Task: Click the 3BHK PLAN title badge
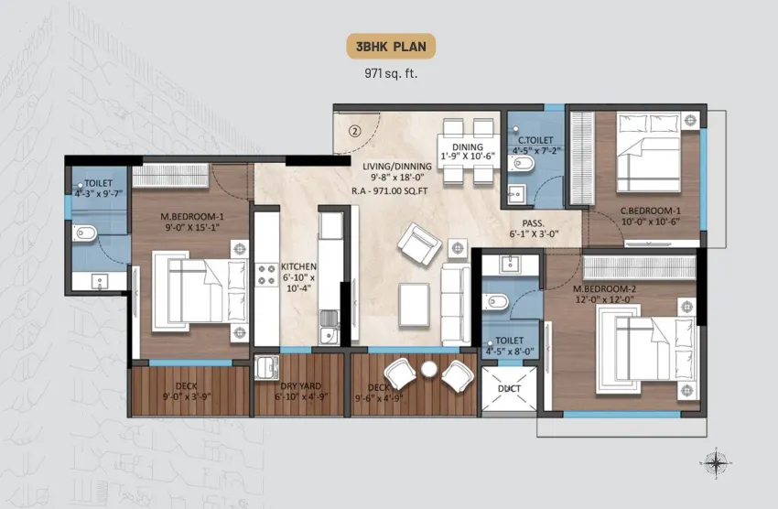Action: (391, 47)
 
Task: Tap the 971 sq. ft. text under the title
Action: (391, 74)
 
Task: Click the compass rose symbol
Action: (716, 463)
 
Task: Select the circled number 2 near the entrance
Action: (354, 132)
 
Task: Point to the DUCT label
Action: (509, 388)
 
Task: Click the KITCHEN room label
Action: (298, 266)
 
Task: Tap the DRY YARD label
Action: (301, 386)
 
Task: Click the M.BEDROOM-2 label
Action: (604, 288)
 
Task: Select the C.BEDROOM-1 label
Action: (651, 211)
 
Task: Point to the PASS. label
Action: (534, 223)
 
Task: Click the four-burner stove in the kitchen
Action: (266, 276)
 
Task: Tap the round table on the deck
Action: (428, 369)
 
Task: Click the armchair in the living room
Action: (419, 244)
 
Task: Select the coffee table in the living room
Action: (415, 305)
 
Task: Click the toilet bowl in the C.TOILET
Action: (521, 163)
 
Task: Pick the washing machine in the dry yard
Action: (266, 368)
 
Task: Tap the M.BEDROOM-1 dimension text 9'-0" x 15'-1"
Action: (192, 228)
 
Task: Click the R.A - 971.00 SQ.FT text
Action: (390, 191)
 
